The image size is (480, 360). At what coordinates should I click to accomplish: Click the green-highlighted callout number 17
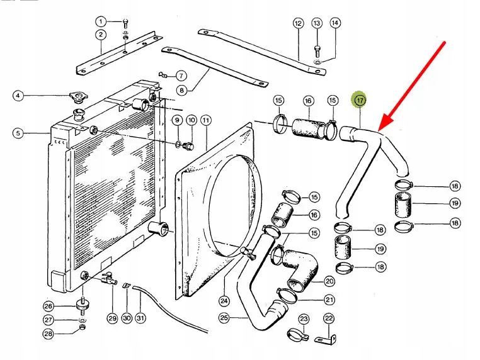[360, 100]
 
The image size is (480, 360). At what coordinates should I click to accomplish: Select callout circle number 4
[18, 96]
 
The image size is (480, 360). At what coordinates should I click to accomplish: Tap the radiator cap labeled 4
[79, 98]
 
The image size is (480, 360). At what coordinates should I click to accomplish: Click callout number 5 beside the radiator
[18, 133]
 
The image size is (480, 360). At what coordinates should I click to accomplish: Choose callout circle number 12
[298, 23]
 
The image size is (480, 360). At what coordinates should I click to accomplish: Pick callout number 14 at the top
[335, 23]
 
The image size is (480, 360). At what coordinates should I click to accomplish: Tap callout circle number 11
[206, 120]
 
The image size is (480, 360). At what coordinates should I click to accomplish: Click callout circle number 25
[224, 318]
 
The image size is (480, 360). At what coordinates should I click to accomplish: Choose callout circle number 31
[141, 318]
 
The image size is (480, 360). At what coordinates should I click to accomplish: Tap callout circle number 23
[304, 318]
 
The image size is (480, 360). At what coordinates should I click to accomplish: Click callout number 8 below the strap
[181, 90]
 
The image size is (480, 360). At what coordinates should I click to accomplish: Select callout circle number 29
[112, 318]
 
